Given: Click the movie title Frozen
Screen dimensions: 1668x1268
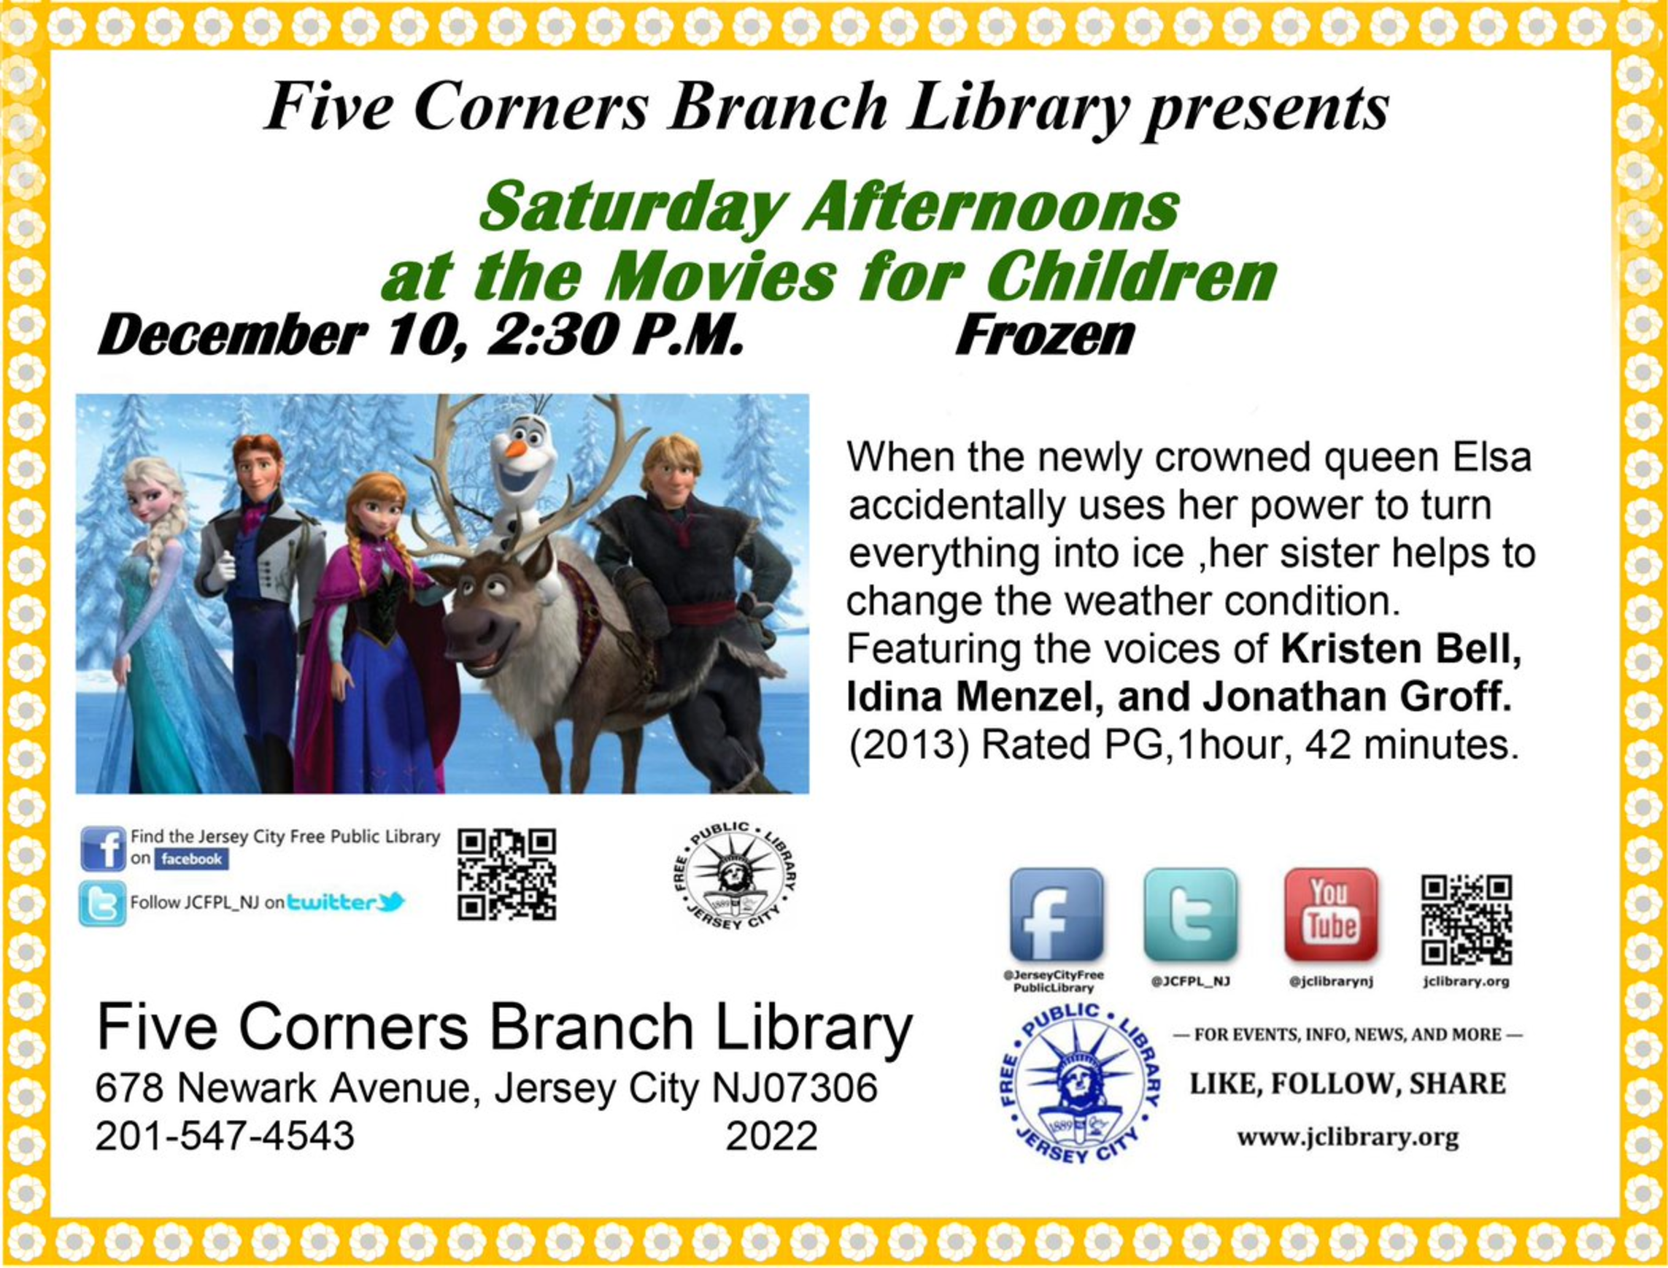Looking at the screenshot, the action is pos(1044,337).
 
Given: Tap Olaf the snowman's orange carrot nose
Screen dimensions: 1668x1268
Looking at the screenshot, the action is pos(515,449).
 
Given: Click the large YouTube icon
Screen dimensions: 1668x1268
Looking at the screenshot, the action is pos(1331,914).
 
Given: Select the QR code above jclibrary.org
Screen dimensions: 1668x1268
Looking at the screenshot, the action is pos(1467,920).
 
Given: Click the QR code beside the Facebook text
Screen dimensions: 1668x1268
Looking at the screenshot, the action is pos(507,875).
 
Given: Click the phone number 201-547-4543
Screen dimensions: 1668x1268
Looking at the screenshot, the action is pos(225,1135).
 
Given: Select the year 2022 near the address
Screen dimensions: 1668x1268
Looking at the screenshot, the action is pos(772,1135).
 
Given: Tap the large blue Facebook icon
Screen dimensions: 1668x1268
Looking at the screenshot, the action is pos(1056,914).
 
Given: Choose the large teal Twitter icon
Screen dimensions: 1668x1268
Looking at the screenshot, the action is pos(1191,914).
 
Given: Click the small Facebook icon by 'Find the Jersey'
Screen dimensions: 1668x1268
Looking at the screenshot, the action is pos(103,849).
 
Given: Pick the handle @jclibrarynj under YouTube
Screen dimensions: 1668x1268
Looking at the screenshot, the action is pos(1331,982).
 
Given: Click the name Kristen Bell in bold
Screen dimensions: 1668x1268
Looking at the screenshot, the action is pos(1401,650).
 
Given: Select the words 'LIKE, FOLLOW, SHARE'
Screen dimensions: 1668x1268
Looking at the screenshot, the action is pos(1348,1085).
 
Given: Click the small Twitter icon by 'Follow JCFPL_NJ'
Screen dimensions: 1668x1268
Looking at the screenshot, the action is pos(103,904).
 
